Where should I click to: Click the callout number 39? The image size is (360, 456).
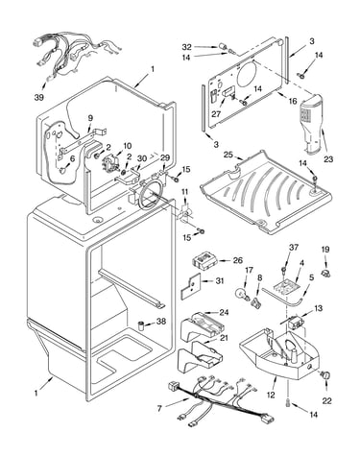tap(39, 97)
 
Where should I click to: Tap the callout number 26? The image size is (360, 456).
tap(237, 260)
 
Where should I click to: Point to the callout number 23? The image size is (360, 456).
tap(328, 159)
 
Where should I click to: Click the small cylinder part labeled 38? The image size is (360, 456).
tap(140, 325)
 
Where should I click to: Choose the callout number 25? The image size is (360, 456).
tap(228, 155)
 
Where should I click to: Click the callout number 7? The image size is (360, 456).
tap(160, 408)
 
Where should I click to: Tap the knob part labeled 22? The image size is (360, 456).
tap(326, 375)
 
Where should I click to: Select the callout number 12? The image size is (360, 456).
tap(271, 395)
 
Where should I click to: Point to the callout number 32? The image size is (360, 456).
tap(187, 47)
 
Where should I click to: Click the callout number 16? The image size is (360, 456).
tap(293, 102)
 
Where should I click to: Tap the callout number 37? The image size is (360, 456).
tap(294, 247)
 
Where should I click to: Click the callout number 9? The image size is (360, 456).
tap(90, 118)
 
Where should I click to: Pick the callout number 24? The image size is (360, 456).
tap(224, 312)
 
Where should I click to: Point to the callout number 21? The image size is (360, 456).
tap(224, 338)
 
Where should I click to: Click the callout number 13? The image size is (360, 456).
tap(318, 308)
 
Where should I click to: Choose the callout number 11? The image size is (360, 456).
tap(185, 192)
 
